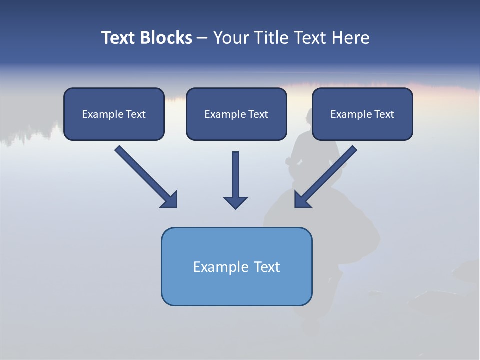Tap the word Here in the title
[x=351, y=38]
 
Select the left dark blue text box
[x=114, y=114]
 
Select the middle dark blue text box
[x=236, y=114]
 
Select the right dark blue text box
[x=362, y=114]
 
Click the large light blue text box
[x=236, y=266]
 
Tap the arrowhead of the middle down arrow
[x=235, y=202]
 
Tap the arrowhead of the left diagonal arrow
[x=170, y=200]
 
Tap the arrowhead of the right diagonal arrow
[x=302, y=200]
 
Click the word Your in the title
[x=230, y=38]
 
